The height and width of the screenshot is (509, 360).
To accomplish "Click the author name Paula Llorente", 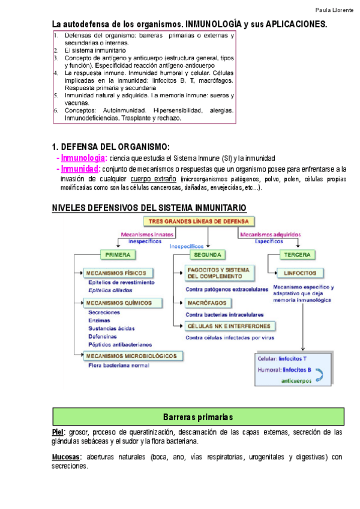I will [x=334, y=11].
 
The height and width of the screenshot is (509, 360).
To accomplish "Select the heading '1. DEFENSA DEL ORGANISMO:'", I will [x=112, y=147].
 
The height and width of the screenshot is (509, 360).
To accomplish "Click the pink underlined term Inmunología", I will [x=83, y=158].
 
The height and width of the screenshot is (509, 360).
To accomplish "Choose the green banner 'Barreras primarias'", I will [x=197, y=417].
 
